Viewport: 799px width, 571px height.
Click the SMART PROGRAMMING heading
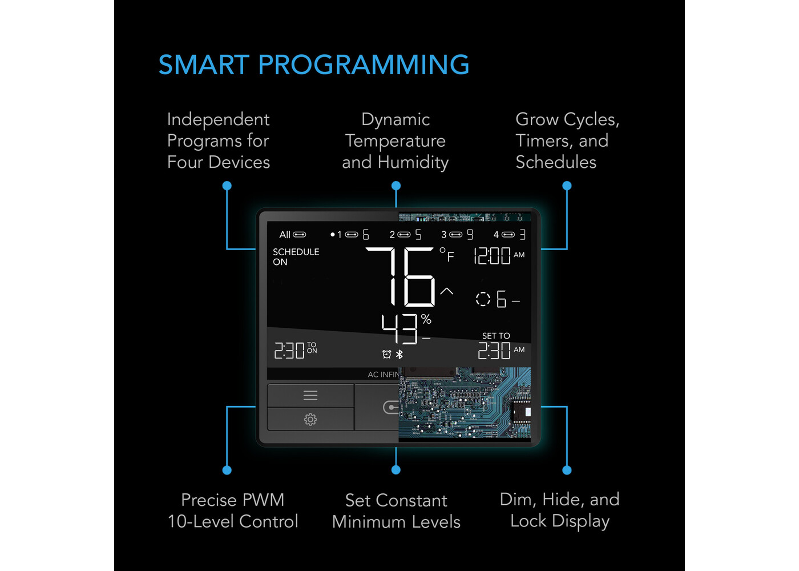(314, 65)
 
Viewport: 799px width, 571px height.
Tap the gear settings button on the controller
(310, 419)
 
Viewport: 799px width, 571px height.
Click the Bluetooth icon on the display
(399, 354)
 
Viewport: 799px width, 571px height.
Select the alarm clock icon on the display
(387, 354)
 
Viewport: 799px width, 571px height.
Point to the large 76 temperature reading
(401, 276)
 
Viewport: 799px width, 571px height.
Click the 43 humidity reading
(399, 329)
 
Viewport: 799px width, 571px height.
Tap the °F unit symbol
(447, 254)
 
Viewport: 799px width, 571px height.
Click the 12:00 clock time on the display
(492, 256)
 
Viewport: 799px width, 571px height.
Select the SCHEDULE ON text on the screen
(296, 257)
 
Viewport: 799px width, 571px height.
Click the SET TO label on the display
(496, 336)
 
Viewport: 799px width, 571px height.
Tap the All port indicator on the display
(292, 235)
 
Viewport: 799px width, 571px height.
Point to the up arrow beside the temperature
(446, 291)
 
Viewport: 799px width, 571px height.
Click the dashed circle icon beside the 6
(483, 299)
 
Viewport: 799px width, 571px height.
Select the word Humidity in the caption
(413, 162)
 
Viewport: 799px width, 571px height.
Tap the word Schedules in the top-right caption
(556, 162)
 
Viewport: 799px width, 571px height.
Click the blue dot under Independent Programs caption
(227, 186)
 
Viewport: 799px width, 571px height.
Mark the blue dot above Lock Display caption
(567, 471)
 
